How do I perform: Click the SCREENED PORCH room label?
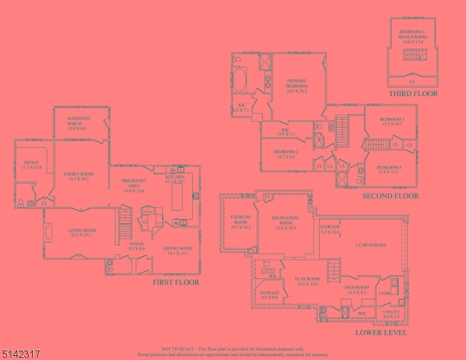pyautogui.click(x=78, y=123)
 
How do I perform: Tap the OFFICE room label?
pyautogui.click(x=31, y=165)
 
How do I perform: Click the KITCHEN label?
pyautogui.click(x=175, y=179)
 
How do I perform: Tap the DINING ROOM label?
pyautogui.click(x=177, y=250)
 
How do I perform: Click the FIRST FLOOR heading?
pyautogui.click(x=176, y=282)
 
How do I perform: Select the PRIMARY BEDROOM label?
pyautogui.click(x=297, y=86)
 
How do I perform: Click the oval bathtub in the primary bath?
pyautogui.click(x=240, y=80)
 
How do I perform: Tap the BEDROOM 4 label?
pyautogui.click(x=389, y=169)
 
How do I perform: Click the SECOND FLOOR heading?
pyautogui.click(x=390, y=196)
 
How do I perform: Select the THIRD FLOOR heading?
pyautogui.click(x=413, y=94)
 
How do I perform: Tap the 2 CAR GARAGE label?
pyautogui.click(x=371, y=245)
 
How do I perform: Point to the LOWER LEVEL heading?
pyautogui.click(x=381, y=332)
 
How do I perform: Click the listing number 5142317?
pyautogui.click(x=22, y=355)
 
